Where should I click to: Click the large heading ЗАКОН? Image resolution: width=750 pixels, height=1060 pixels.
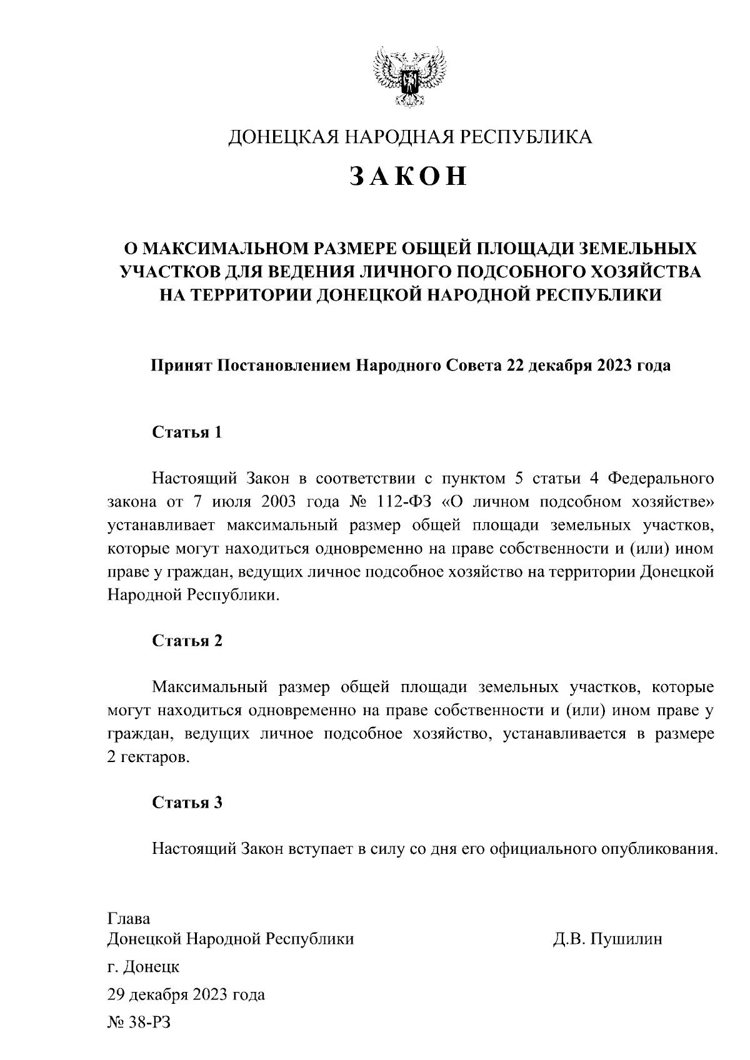coord(409,176)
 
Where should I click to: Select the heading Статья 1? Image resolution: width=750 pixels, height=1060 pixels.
coord(187,432)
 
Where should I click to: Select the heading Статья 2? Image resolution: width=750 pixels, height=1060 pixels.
coord(187,641)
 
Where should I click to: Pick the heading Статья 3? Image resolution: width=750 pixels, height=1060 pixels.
coord(187,803)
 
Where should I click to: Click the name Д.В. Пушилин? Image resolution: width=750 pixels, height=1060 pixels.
coord(607,939)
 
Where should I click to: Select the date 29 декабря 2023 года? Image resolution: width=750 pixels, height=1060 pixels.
coord(186,994)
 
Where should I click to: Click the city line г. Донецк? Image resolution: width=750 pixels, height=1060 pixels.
coord(144,967)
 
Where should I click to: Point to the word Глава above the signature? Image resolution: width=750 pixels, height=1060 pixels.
coord(129,919)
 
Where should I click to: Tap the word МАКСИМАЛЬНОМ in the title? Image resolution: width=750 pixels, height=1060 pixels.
coord(222,249)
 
